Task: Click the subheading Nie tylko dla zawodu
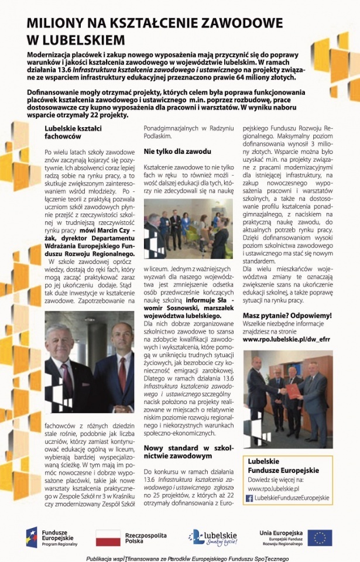click(177, 151)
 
